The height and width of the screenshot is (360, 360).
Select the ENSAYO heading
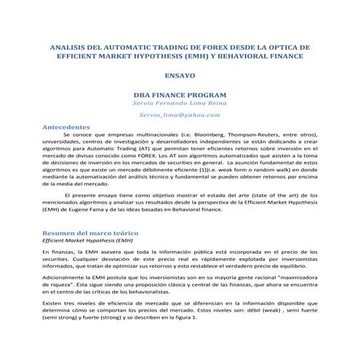[180, 75]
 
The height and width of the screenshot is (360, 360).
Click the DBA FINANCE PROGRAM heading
[180, 95]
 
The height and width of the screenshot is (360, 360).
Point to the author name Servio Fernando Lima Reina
[180, 105]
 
